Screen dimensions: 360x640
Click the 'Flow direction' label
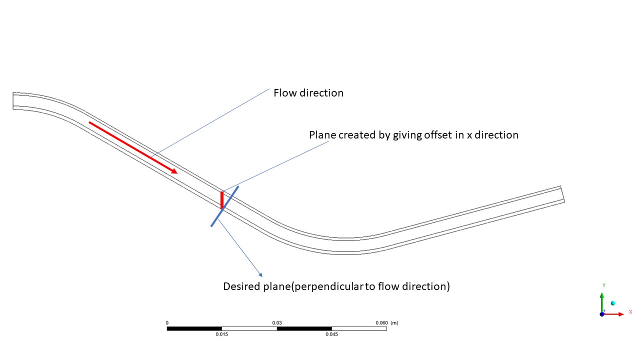click(x=308, y=93)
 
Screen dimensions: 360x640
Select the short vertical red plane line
click(x=222, y=199)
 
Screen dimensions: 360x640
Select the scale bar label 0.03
click(x=276, y=323)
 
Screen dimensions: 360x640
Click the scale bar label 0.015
click(x=222, y=334)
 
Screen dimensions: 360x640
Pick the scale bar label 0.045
click(x=331, y=334)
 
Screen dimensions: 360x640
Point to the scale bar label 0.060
click(x=381, y=323)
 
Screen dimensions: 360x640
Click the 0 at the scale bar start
click(x=167, y=323)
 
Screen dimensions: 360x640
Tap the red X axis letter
click(x=630, y=312)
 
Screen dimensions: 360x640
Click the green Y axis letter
click(x=604, y=285)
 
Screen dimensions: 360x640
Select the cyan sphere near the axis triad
click(x=613, y=303)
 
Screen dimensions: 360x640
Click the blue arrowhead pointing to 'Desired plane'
click(x=260, y=274)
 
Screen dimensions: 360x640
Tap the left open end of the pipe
click(x=13, y=100)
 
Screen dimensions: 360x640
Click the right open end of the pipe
click(x=562, y=194)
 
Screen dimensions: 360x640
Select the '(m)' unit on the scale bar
click(x=394, y=323)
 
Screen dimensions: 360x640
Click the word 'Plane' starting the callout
click(x=322, y=135)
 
